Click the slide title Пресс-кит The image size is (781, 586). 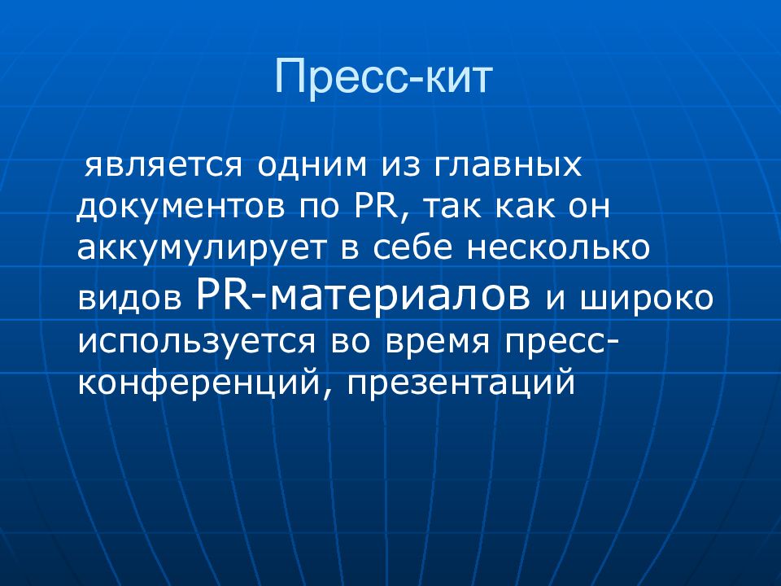click(384, 79)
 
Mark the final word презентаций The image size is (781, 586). click(460, 383)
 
